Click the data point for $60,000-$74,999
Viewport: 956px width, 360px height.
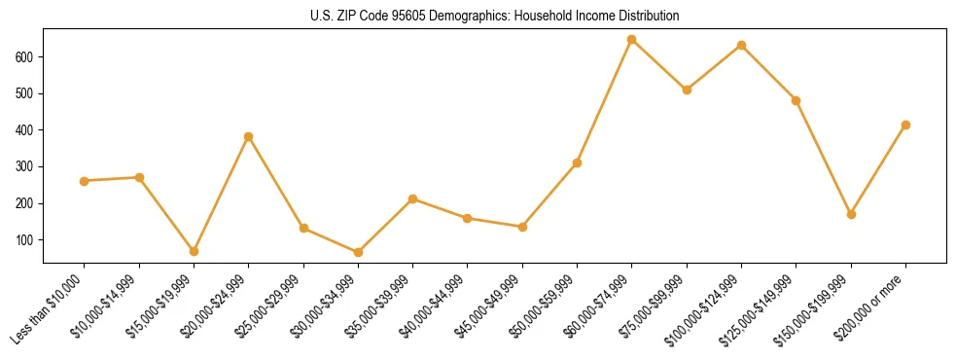[x=632, y=40]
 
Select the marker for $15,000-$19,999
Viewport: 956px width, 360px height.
[x=194, y=251]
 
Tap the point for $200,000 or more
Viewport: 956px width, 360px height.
[x=905, y=125]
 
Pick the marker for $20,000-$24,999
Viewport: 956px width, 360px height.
[x=249, y=136]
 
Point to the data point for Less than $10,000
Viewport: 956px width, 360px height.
[x=85, y=181]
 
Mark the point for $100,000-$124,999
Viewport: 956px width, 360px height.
[x=741, y=45]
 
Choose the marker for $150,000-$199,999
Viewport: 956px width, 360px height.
[x=851, y=214]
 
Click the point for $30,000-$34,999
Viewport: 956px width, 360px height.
[x=358, y=252]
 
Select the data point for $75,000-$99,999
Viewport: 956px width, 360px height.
[x=687, y=90]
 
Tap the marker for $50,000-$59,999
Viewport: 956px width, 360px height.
[x=577, y=162]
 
